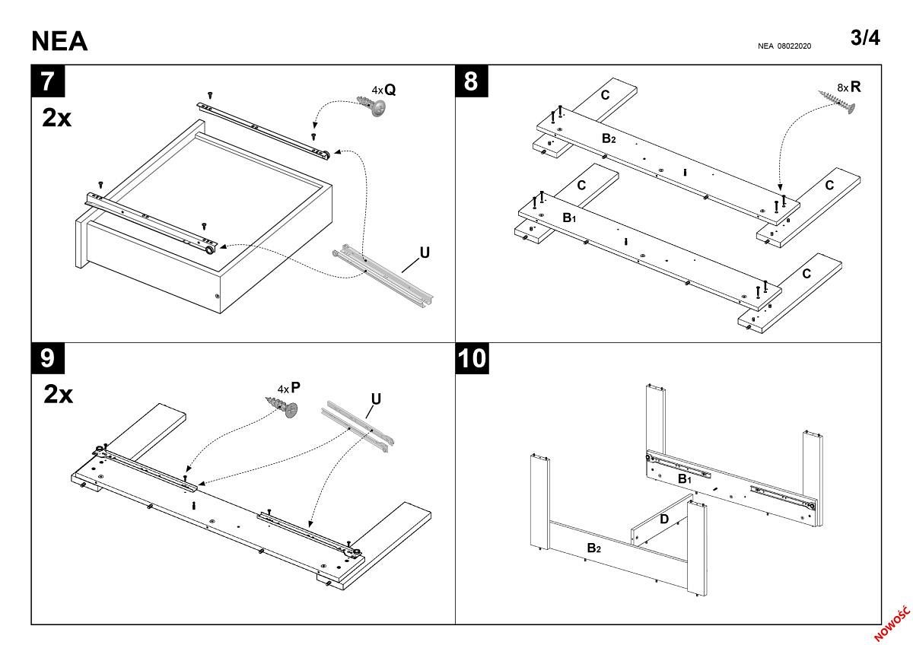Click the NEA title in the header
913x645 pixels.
click(x=59, y=41)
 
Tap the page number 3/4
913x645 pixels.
click(x=865, y=38)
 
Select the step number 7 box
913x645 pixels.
click(x=47, y=81)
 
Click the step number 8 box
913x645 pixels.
click(x=471, y=81)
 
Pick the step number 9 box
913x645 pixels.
click(x=47, y=357)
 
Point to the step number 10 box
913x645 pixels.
click(x=472, y=357)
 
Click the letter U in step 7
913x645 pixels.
click(x=425, y=253)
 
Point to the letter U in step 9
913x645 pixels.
click(x=376, y=399)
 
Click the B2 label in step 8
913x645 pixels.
click(x=609, y=138)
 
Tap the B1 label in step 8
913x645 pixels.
click(x=569, y=218)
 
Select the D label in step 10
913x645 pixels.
click(x=663, y=519)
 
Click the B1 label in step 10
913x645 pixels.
click(x=685, y=479)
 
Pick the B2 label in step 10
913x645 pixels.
click(x=594, y=548)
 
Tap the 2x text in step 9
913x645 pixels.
click(x=58, y=394)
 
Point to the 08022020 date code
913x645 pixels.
click(x=794, y=46)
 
